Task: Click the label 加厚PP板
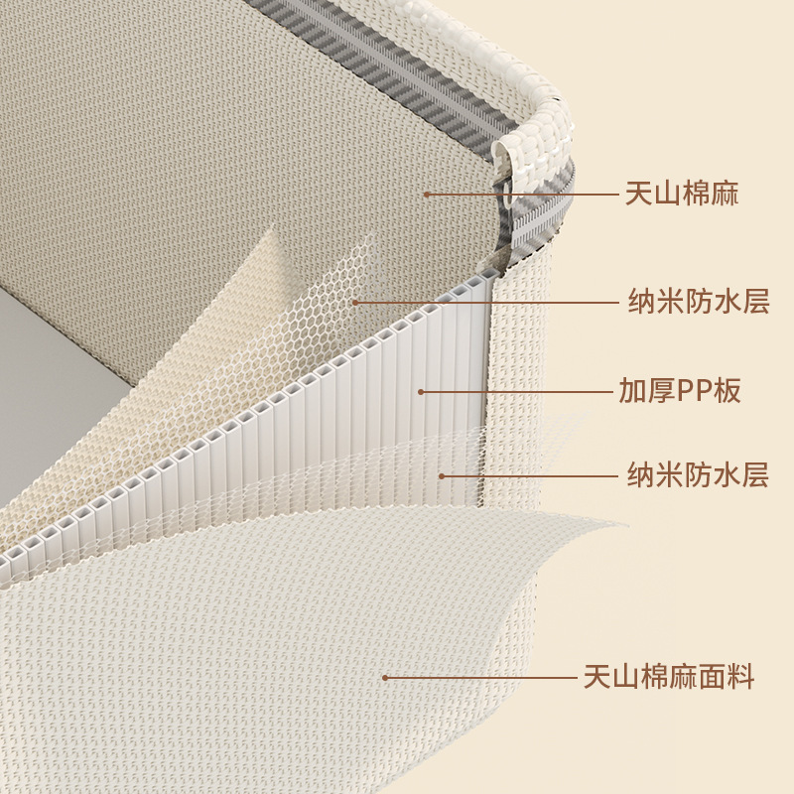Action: point(680,391)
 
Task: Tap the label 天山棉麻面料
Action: point(668,678)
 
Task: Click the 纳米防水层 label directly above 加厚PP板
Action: point(699,301)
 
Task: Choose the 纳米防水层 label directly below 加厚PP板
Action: point(699,475)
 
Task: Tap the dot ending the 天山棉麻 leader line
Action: point(426,195)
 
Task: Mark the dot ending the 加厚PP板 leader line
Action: point(421,391)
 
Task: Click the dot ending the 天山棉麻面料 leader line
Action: point(385,678)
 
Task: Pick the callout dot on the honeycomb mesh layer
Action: point(353,302)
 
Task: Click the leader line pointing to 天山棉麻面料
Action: point(476,678)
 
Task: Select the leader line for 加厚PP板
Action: point(516,391)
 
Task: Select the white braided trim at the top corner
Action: point(541,124)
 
